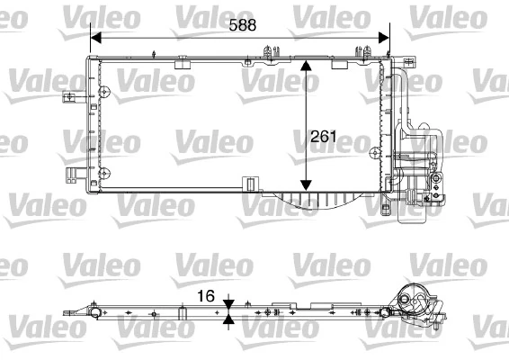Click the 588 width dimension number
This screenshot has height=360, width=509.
pos(241,26)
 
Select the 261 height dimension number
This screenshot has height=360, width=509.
pos(323,138)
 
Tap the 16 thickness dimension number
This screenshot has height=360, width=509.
pos(207,294)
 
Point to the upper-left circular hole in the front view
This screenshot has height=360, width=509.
pos(105,92)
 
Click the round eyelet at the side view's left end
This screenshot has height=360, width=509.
pos(94,311)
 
